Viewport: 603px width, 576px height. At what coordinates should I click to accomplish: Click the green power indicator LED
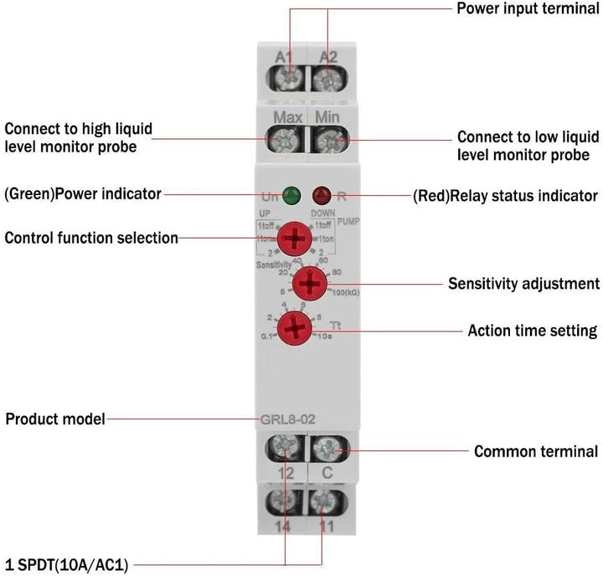pyautogui.click(x=292, y=197)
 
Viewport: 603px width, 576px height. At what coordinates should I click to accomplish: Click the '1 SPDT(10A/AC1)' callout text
pyautogui.click(x=67, y=565)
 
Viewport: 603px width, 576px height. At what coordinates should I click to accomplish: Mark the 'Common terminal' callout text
pyautogui.click(x=536, y=452)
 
